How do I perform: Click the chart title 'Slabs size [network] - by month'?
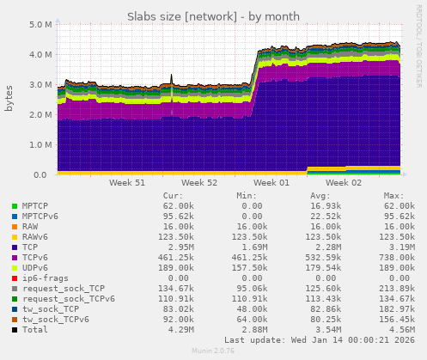pos(213,16)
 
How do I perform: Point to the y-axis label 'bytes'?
pos(9,99)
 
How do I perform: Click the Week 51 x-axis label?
pos(127,183)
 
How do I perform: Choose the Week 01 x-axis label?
pos(272,183)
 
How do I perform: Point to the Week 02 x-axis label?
pos(345,183)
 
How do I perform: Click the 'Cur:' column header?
pos(173,195)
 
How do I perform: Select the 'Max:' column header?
pos(393,195)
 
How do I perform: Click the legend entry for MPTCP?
pos(34,206)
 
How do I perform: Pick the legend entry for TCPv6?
pos(34,257)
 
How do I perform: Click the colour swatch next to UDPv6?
pos(15,267)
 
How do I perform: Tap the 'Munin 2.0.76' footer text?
pos(212,351)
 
